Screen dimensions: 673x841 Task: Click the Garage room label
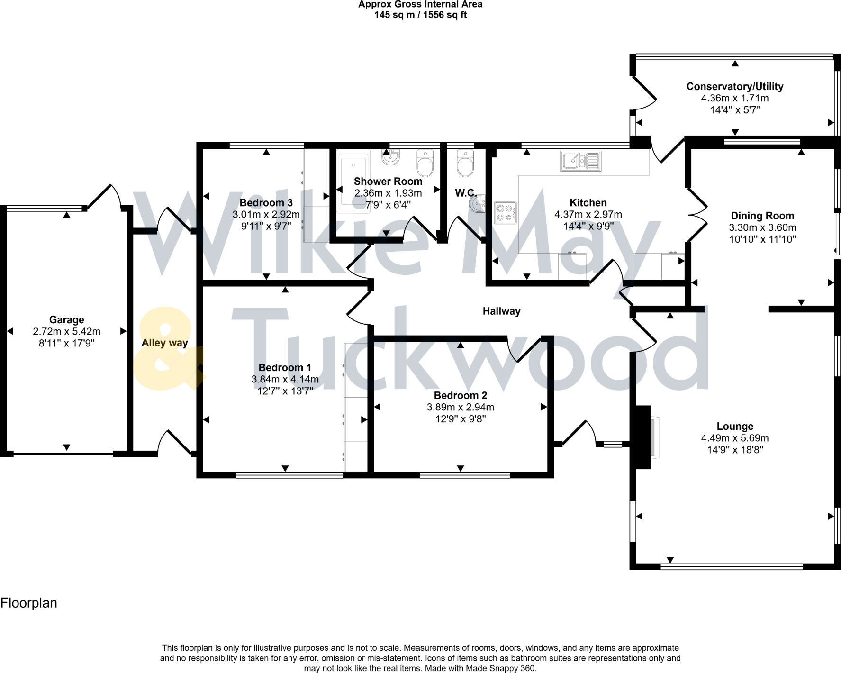[66, 320]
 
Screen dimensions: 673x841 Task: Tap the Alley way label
[164, 343]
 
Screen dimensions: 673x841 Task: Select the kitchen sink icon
[580, 161]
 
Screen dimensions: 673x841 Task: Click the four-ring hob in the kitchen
[505, 213]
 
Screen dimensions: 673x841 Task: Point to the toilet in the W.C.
[465, 163]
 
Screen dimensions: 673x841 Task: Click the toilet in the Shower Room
[425, 163]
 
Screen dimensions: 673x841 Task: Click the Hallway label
[501, 311]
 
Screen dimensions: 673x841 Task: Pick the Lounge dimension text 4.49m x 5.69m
[734, 438]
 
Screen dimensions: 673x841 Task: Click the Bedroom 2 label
[460, 395]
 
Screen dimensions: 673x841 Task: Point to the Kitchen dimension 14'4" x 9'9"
[588, 227]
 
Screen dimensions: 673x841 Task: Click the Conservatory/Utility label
[734, 87]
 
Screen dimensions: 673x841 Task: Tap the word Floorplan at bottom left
[29, 603]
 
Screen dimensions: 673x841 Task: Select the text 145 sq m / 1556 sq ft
[420, 15]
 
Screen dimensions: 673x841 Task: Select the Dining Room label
[762, 216]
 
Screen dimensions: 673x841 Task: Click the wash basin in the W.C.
[478, 204]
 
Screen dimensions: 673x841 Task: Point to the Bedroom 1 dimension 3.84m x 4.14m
[285, 379]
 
